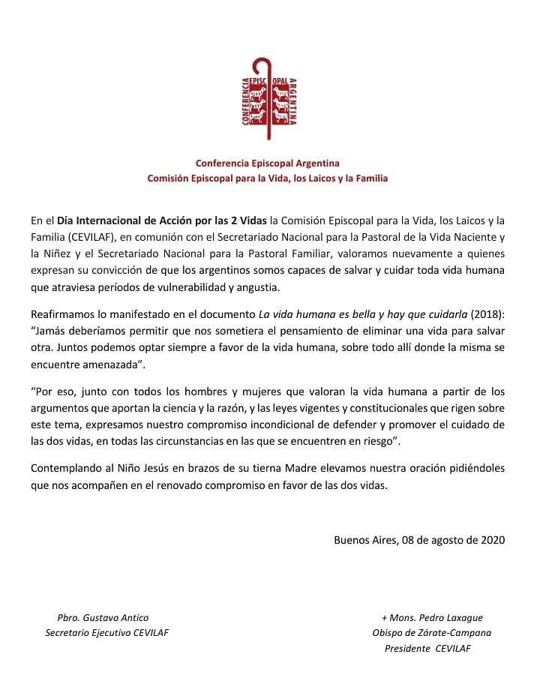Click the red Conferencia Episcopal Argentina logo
pos(269,99)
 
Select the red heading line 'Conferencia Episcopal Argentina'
pos(268,163)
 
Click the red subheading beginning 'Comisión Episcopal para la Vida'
pos(268,179)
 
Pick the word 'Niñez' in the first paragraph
pos(69,253)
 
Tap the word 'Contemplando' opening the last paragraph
pos(65,467)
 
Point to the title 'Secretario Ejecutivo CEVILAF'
pos(107,632)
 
